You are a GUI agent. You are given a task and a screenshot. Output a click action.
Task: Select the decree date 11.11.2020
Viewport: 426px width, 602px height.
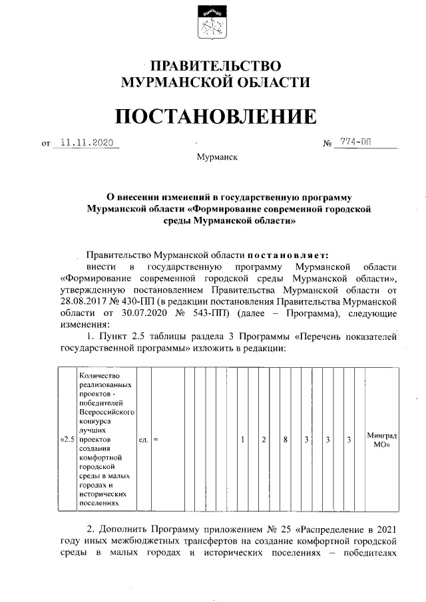(87, 142)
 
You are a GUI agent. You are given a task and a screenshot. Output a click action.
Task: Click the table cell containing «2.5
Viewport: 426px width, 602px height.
(67, 440)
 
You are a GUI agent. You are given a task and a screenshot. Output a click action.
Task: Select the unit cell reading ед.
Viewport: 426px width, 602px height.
(143, 440)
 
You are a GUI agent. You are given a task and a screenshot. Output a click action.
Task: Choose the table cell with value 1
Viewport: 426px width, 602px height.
(243, 440)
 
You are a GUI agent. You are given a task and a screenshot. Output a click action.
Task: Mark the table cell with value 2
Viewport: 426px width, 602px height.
(264, 440)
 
